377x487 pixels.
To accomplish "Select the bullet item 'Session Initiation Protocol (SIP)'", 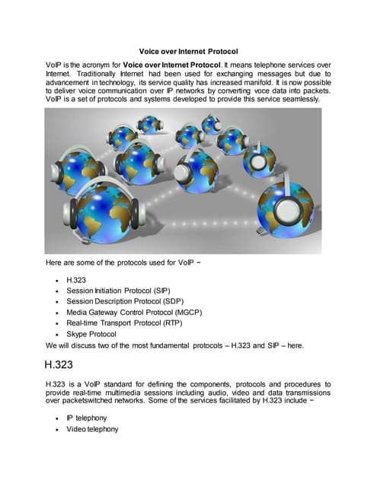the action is [118, 291].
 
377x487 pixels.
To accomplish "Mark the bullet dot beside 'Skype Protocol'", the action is [58, 334].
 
